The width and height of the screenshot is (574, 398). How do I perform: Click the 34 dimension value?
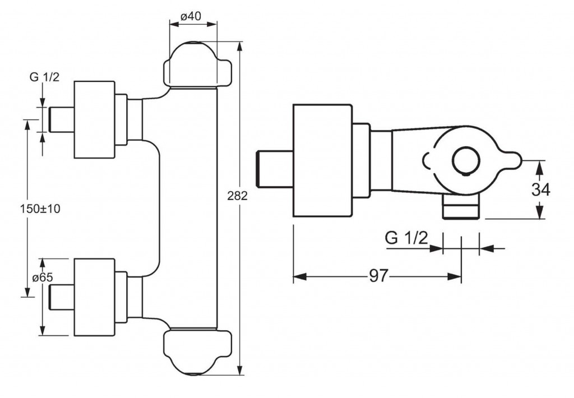pos(540,189)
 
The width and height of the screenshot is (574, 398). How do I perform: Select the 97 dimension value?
pos(379,276)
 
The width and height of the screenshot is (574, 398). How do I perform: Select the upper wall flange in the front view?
pos(94,119)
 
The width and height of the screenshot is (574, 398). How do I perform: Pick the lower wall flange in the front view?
pos(94,297)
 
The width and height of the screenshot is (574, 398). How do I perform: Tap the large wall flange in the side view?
pos(322,160)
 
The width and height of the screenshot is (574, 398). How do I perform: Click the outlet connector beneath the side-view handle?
pos(461,208)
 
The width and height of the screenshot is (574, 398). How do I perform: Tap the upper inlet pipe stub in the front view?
pos(61,119)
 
